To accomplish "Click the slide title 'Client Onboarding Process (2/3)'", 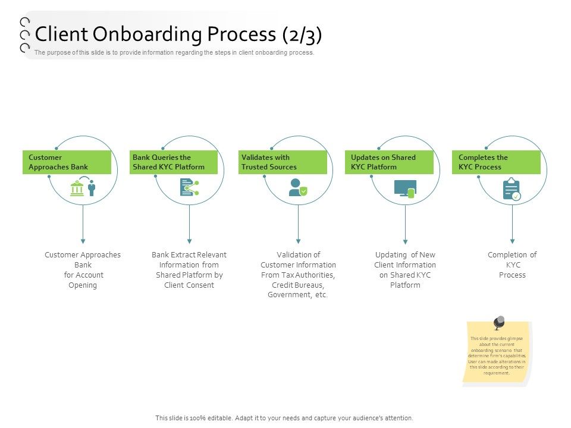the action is [178, 34].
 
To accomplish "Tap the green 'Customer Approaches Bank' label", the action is [67, 162].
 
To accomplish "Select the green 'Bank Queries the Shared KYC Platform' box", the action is [173, 162].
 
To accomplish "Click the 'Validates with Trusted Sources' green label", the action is [283, 162].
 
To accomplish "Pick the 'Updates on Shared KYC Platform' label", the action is [389, 162].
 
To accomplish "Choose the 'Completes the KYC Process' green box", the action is [496, 162].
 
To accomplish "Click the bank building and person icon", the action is [83, 186].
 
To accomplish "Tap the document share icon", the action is [189, 187].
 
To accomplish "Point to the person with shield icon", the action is [298, 187].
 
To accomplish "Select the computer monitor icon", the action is [405, 189].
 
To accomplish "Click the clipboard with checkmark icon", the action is [512, 189].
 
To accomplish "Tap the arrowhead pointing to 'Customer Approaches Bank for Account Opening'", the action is [83, 241].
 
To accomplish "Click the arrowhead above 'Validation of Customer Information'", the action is [298, 241].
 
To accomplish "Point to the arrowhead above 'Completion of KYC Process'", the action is [512, 241].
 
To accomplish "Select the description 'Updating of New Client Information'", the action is [405, 260].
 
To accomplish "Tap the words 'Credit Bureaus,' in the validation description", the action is [298, 285].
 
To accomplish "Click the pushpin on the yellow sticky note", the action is [498, 322].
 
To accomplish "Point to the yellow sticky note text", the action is [497, 355].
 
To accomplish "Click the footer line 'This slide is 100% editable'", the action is [284, 418].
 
